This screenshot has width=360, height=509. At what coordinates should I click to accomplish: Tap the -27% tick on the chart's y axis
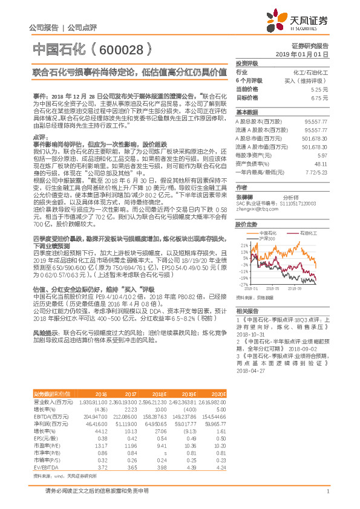click(x=243, y=284)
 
